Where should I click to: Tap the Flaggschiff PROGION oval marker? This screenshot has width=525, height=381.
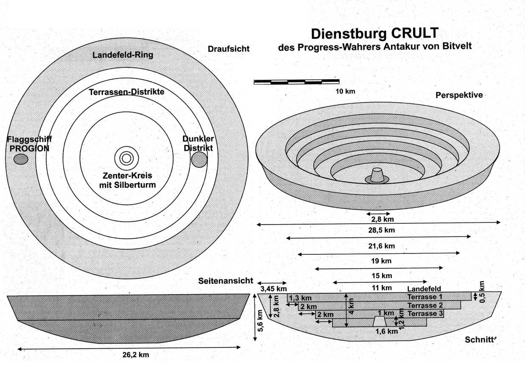(x=21, y=159)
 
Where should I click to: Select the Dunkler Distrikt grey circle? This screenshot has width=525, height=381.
(x=199, y=159)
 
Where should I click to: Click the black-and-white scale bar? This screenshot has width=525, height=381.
(x=296, y=82)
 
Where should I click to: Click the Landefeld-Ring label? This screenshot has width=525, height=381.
(x=123, y=55)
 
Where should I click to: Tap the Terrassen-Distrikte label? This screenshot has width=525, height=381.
(x=126, y=92)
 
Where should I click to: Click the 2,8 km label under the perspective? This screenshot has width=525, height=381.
(x=378, y=220)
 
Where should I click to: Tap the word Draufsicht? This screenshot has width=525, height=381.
(x=229, y=49)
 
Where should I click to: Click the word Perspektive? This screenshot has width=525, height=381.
(x=459, y=95)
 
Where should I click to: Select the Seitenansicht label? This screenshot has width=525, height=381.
(x=226, y=281)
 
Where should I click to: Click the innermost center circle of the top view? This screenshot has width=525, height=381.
(x=126, y=159)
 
